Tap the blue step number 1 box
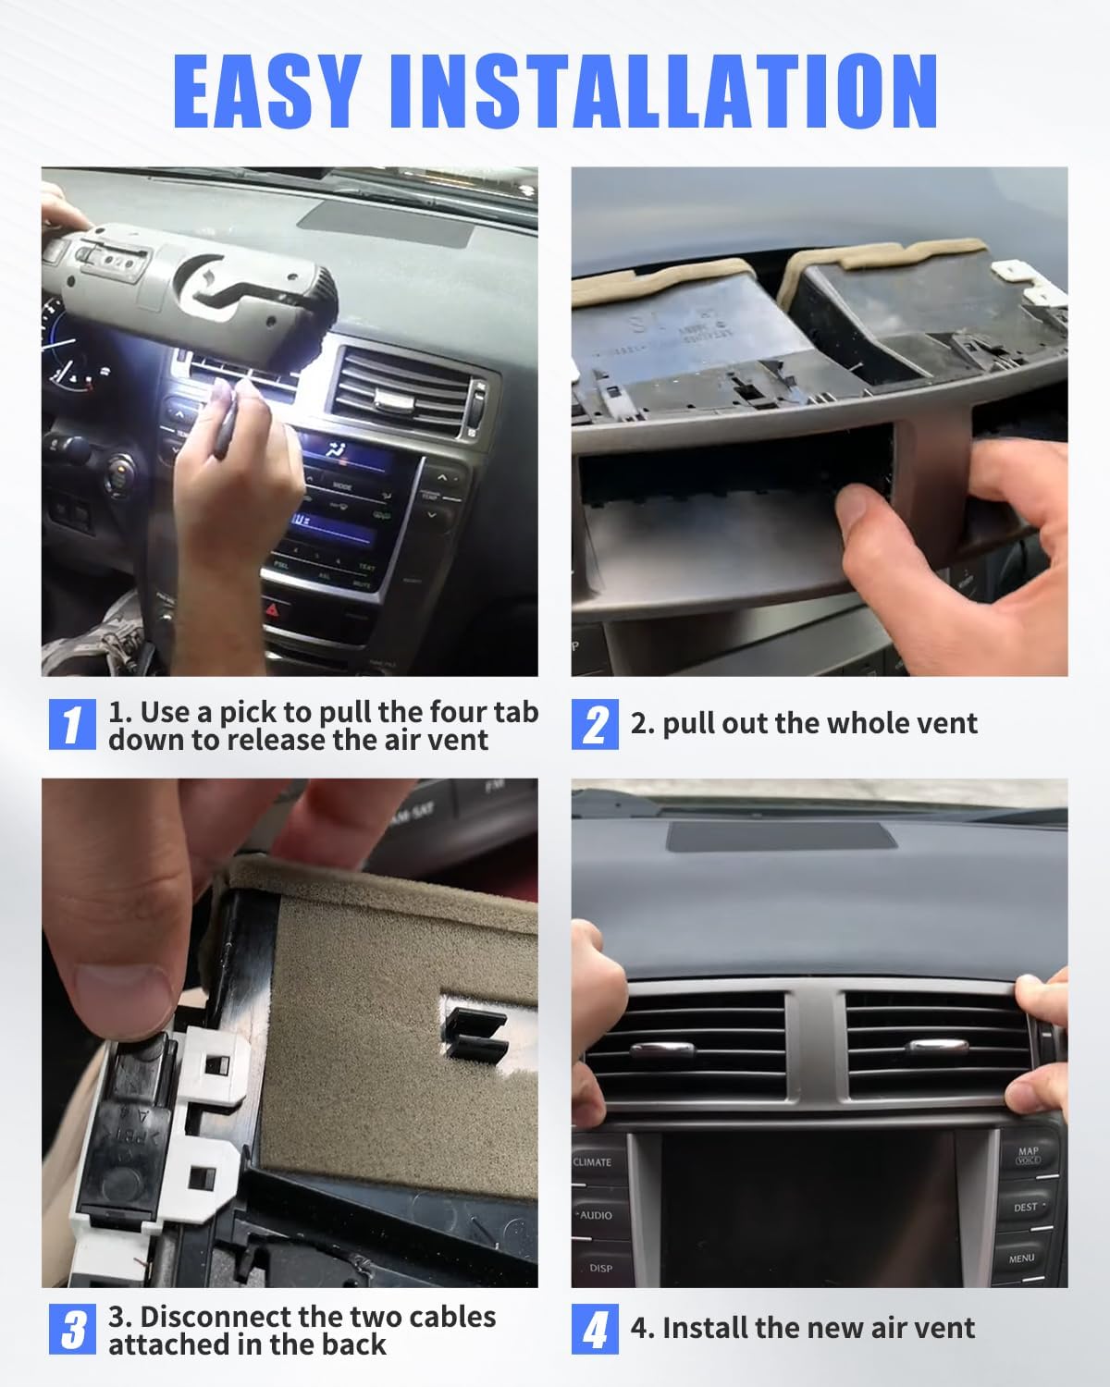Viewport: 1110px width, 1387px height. [72, 725]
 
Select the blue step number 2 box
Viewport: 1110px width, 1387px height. [595, 725]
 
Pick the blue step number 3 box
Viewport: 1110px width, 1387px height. [72, 1330]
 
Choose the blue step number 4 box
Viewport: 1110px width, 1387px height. [595, 1330]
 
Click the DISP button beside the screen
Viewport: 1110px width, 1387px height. [600, 1268]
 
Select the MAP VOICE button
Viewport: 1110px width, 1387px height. [1027, 1156]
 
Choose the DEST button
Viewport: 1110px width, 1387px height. [1025, 1208]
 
